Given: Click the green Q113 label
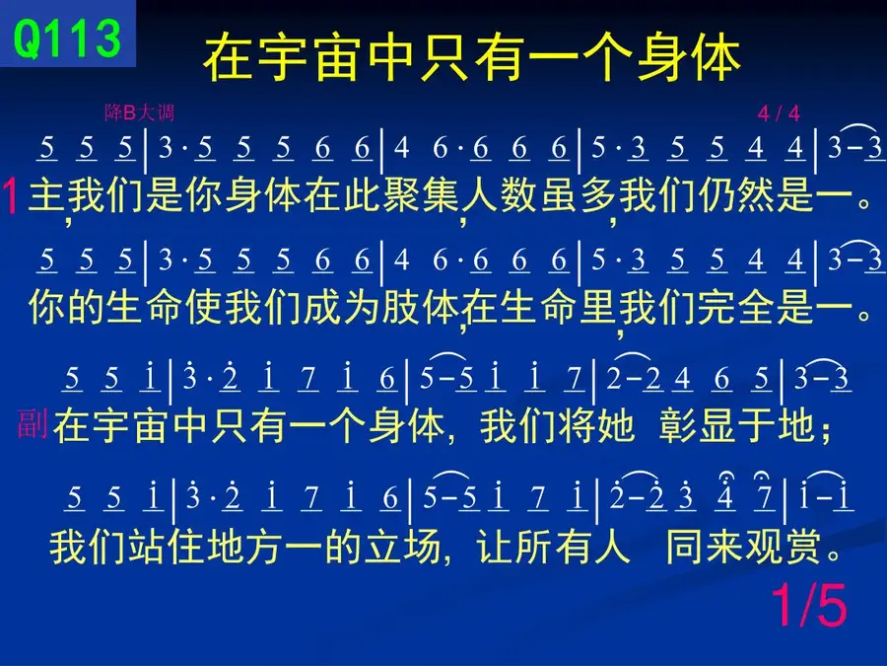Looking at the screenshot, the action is [x=67, y=37].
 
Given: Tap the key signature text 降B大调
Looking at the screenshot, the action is [x=139, y=112].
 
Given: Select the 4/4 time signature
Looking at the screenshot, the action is [x=779, y=113].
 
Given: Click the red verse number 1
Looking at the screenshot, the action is [x=11, y=196].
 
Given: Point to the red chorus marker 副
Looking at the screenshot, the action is [x=33, y=423].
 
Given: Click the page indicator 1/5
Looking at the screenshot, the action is [x=809, y=606].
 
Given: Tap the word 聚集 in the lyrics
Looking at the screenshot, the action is [x=402, y=196].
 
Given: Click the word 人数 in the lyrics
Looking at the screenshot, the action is [x=500, y=196].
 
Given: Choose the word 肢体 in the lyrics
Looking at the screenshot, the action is [x=420, y=308].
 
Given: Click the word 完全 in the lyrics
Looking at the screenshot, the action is [x=736, y=308].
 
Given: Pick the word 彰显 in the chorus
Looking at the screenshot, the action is [x=698, y=425].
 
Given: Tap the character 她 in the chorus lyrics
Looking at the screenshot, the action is [x=615, y=425].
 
